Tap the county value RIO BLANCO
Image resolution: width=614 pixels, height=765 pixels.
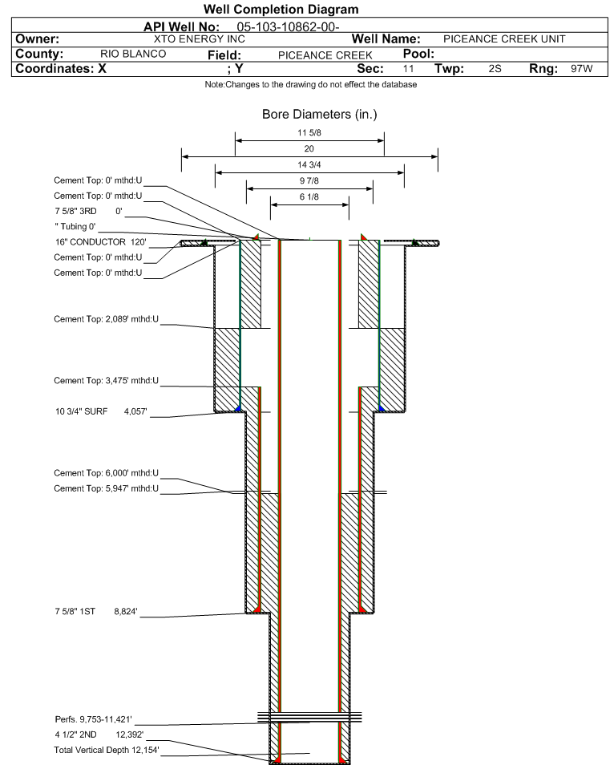tap(133, 54)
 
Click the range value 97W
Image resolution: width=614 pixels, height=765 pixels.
tap(581, 69)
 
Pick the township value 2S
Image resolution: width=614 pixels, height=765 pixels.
tap(495, 69)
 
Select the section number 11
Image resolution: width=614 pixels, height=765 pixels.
tap(408, 69)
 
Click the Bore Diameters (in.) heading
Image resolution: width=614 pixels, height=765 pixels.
tap(319, 115)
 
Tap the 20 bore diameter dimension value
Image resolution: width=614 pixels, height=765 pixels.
tap(309, 149)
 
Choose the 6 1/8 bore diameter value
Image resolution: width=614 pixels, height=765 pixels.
tap(309, 197)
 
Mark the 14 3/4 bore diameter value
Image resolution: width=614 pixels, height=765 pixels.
tap(309, 165)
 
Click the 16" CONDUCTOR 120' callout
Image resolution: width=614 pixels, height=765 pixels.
tap(99, 241)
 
